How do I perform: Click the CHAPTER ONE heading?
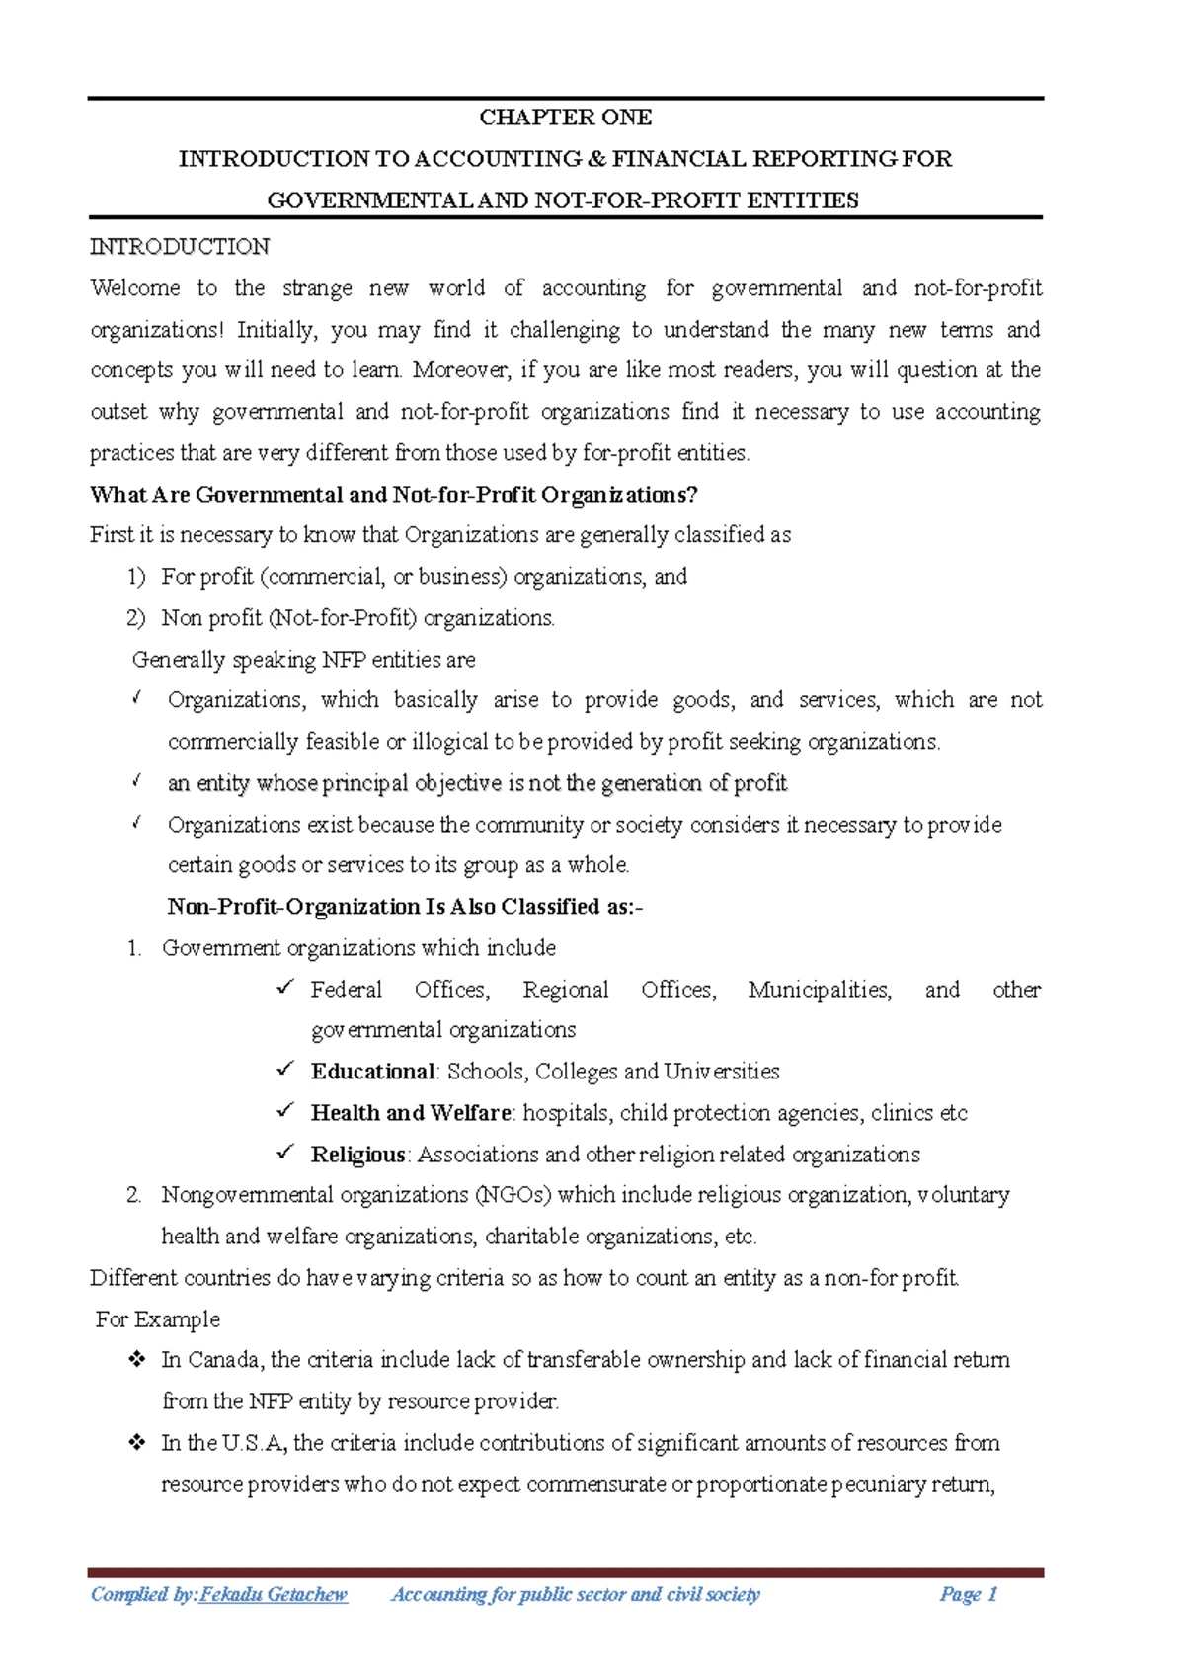565,118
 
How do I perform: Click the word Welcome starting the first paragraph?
135,288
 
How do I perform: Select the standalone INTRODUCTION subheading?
180,247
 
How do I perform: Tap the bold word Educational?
372,1072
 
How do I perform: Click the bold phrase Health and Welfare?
411,1113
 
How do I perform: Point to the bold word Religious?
357,1155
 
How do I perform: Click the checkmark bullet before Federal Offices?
285,988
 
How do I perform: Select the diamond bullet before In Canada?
136,1360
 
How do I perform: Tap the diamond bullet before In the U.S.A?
136,1443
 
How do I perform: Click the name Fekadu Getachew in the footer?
274,1594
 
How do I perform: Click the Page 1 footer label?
969,1594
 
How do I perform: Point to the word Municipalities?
820,990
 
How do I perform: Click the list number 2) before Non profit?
135,618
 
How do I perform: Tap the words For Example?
158,1319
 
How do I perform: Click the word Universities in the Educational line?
722,1072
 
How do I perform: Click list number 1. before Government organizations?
135,948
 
